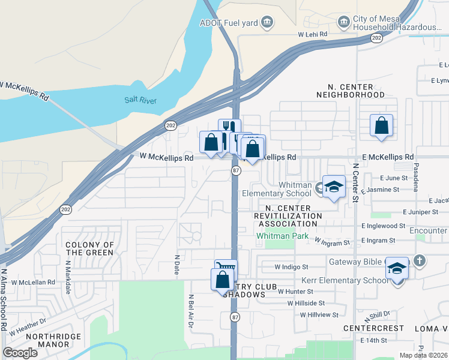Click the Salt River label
[x=140, y=100]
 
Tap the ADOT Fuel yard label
[x=229, y=23]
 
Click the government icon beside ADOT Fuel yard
[x=267, y=23]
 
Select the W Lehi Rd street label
[x=313, y=35]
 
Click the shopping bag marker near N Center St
[x=381, y=125]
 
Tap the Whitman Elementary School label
[x=277, y=189]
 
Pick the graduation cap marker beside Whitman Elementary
[x=334, y=187]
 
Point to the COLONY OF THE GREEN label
[x=89, y=248]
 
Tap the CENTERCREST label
[x=367, y=329]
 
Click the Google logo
[x=20, y=352]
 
